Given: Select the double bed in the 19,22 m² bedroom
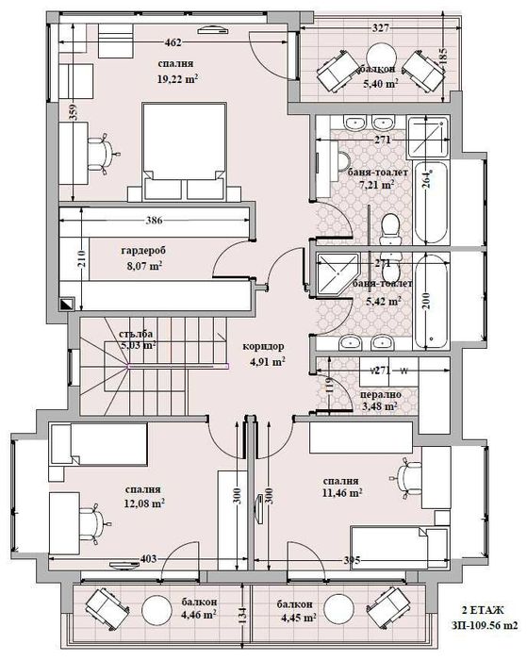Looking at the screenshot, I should [185, 151].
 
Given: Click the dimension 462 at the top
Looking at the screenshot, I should [173, 42].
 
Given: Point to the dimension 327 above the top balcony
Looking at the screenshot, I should [381, 29].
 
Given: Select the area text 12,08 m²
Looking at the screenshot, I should [145, 503].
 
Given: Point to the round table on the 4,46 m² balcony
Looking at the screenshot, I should [151, 612].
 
